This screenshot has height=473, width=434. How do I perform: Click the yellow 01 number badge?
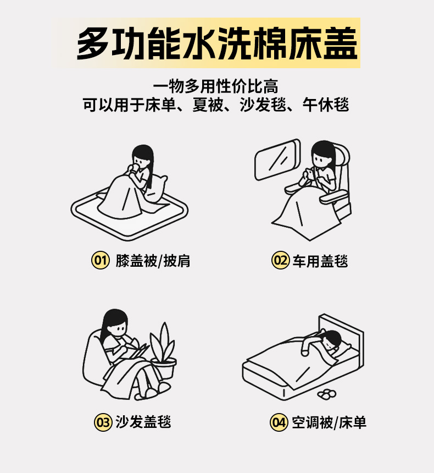[100, 260]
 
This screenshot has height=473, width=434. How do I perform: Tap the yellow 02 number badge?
[280, 260]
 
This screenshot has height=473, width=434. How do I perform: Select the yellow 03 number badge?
[103, 422]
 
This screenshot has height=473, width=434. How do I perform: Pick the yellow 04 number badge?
[279, 422]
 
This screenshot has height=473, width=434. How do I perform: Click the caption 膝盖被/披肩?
[153, 261]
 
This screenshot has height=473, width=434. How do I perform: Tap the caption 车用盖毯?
[320, 261]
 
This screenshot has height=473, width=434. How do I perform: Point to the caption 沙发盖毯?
[143, 422]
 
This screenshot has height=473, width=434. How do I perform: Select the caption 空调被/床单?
[329, 422]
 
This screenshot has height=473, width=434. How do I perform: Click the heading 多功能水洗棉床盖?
[217, 43]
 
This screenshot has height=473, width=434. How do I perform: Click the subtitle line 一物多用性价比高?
[216, 86]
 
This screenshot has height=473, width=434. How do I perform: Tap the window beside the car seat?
[277, 159]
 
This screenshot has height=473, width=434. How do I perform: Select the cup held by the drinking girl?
[134, 168]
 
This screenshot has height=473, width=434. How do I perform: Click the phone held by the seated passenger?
[309, 174]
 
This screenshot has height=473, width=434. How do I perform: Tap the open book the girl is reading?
[138, 351]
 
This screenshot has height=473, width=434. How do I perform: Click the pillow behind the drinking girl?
[156, 189]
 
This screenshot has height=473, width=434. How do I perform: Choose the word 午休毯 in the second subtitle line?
[326, 105]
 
